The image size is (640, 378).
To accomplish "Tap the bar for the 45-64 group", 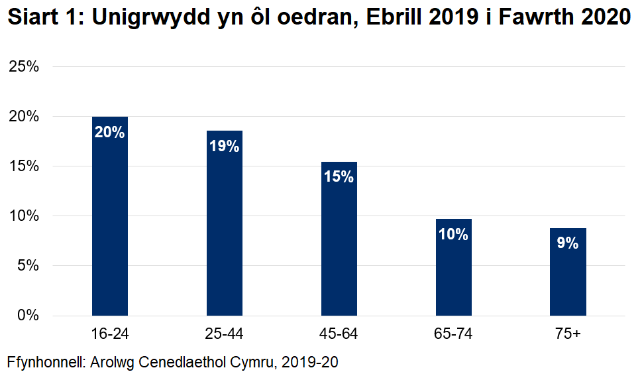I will (339, 239).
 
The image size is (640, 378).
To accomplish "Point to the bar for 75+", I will (568, 271).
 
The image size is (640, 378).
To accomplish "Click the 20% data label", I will (110, 132).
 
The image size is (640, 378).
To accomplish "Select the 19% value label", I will (225, 147).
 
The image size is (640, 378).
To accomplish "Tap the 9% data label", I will (568, 243).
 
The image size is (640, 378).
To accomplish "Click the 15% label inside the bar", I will (339, 177).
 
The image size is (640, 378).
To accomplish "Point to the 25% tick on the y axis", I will (24, 67).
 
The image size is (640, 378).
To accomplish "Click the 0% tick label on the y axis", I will (28, 316).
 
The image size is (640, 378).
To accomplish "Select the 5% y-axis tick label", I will (28, 266).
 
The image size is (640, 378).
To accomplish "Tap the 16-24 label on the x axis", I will (110, 334).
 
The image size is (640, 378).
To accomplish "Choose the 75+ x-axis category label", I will (568, 334).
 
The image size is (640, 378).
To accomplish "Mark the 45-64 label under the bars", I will (339, 334).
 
